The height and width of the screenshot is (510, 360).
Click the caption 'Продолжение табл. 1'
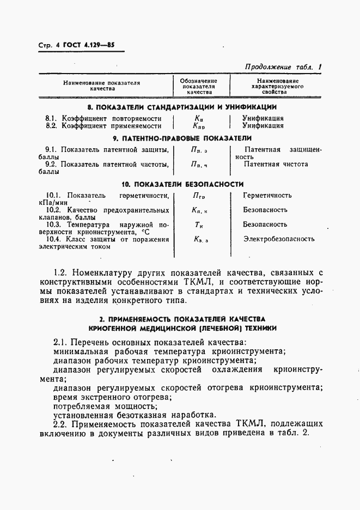tap(284, 67)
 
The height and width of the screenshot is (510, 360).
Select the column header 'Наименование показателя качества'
tap(102, 86)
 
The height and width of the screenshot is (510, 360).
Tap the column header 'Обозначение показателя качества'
tap(199, 86)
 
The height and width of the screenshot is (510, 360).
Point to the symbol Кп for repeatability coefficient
tap(199, 118)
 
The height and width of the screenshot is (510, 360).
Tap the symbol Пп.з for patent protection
tap(199, 150)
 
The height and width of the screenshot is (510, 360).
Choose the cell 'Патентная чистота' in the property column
tap(276, 164)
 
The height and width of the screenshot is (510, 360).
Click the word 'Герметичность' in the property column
tap(267, 195)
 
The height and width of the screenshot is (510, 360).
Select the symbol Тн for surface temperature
tap(199, 224)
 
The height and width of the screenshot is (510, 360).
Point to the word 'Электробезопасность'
tap(279, 239)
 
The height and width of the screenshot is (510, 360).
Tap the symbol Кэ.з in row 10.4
tap(200, 239)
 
